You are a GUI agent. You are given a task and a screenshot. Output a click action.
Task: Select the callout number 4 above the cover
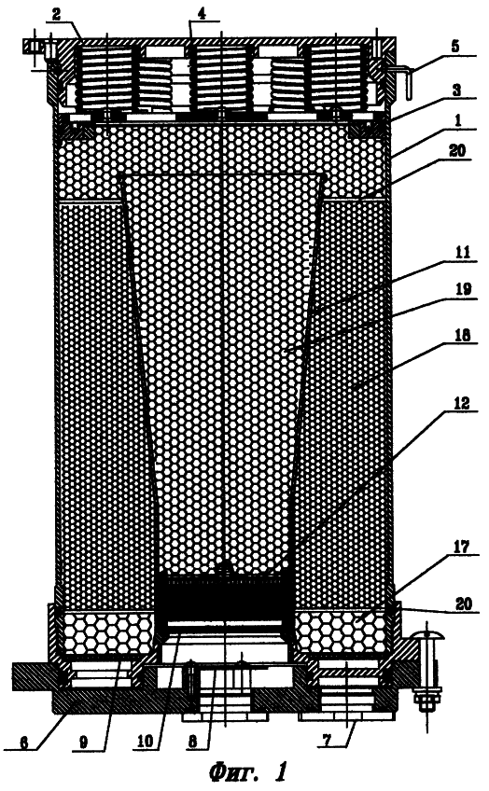(202, 14)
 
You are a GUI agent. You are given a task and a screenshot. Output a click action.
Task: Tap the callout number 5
(455, 47)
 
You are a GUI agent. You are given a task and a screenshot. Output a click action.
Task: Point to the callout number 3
(456, 90)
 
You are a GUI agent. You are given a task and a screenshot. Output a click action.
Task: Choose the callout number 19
(463, 288)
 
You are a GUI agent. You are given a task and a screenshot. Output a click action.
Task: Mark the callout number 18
(463, 335)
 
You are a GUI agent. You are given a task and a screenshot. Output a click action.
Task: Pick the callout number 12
(462, 403)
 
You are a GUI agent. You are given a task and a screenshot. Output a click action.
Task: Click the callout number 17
(462, 547)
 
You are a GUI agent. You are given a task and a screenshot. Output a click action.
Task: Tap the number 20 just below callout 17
(464, 604)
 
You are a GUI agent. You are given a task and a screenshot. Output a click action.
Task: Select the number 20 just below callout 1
(457, 150)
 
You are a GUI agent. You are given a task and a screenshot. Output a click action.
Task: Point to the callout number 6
(23, 742)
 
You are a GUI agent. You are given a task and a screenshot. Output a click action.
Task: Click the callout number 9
(84, 742)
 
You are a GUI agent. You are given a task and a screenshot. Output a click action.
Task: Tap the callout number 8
(192, 742)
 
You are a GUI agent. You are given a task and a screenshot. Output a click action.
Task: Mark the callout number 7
(327, 741)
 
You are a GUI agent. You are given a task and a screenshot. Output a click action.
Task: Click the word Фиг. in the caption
(233, 771)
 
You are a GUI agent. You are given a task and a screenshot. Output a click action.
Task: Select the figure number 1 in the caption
(281, 771)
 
